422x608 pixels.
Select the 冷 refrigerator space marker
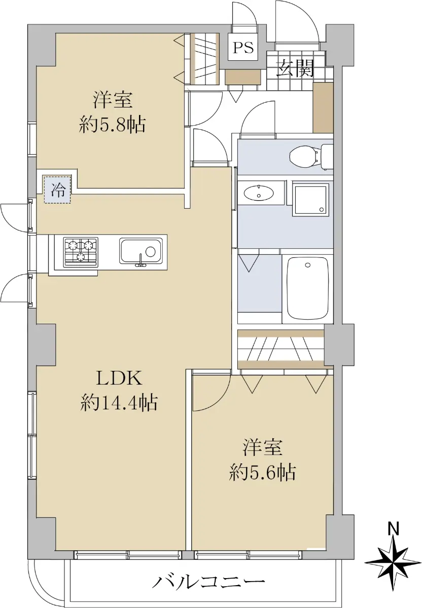(58, 189)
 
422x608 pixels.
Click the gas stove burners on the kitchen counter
(81, 252)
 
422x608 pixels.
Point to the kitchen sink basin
(141, 251)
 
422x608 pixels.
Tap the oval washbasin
(258, 193)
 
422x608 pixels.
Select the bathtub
(307, 288)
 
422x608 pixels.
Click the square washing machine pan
(310, 200)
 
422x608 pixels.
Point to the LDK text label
(119, 378)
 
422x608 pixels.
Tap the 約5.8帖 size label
(112, 125)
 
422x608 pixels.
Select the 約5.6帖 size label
(262, 473)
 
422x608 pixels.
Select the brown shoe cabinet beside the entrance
(323, 107)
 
